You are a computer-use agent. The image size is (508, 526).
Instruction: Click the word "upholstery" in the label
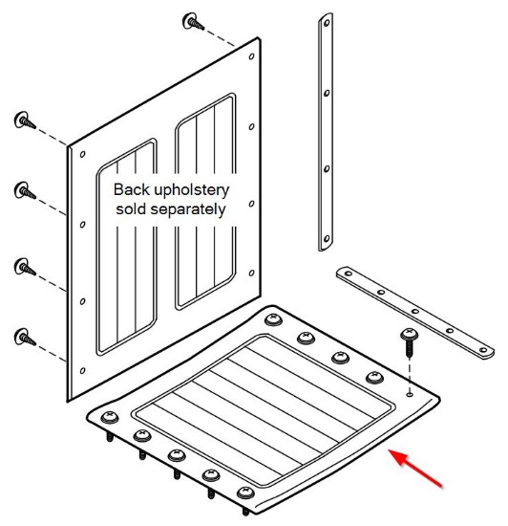(x=192, y=191)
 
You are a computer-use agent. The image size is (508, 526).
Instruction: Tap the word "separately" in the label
(x=188, y=210)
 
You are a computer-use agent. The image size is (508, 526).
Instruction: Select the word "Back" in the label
(x=132, y=189)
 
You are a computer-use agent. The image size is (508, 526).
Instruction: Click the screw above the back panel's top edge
(x=193, y=22)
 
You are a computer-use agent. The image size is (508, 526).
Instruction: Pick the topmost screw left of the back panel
(x=25, y=121)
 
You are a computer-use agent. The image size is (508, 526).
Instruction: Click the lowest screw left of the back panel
(x=25, y=338)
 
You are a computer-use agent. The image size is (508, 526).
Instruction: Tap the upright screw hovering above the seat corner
(x=409, y=342)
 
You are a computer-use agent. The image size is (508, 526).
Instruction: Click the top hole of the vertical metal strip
(x=327, y=23)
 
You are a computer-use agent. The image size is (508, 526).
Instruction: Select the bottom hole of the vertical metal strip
(x=327, y=239)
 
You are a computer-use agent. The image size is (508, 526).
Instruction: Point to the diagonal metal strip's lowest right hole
(x=483, y=350)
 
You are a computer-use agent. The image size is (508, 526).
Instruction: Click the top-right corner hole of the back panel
(x=251, y=56)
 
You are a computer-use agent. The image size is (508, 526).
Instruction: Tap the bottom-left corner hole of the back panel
(x=82, y=371)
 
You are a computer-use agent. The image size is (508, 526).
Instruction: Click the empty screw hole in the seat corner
(x=410, y=395)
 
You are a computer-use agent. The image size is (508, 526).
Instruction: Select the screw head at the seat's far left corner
(x=110, y=417)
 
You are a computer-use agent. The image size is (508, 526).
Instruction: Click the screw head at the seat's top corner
(x=273, y=318)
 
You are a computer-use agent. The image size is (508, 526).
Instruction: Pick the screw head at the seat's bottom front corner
(x=245, y=493)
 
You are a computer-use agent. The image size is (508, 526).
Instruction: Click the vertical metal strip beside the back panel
(x=326, y=132)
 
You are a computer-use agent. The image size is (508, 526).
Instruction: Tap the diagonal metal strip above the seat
(x=415, y=313)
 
